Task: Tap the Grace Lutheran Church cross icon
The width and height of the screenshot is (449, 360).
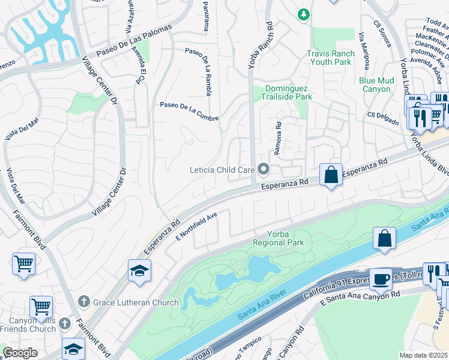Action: [85, 302]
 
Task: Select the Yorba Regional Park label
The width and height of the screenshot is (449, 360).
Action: [278, 238]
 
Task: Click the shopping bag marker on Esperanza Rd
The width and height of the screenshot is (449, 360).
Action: [331, 175]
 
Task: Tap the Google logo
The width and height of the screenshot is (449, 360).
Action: [20, 353]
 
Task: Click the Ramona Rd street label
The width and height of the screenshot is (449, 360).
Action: [278, 139]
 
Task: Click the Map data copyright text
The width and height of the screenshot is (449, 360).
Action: [423, 355]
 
